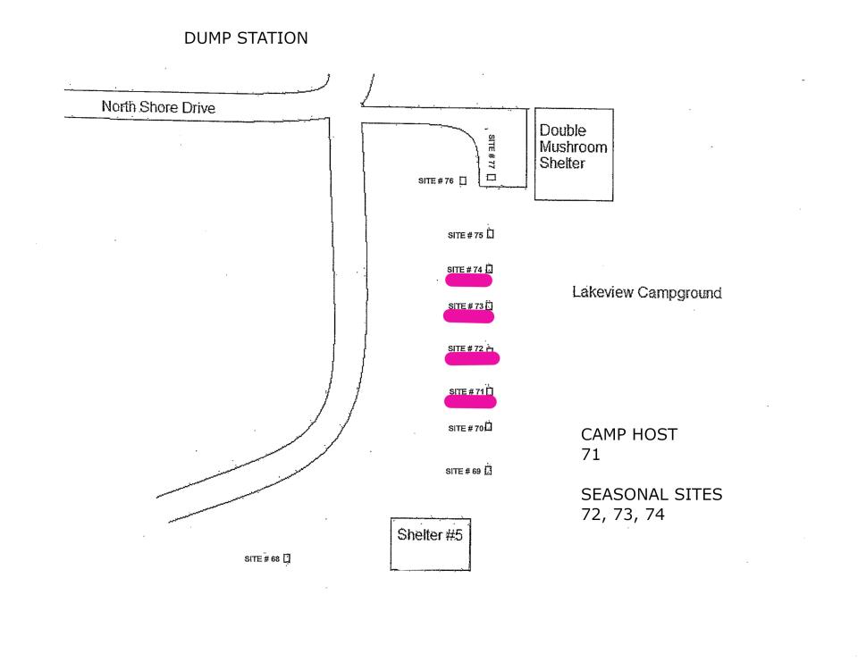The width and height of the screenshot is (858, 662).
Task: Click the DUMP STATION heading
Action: point(246,38)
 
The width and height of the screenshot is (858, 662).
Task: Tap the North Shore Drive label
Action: point(158,108)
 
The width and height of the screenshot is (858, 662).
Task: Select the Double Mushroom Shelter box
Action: point(574,154)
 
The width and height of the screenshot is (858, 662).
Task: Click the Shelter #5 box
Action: point(430,543)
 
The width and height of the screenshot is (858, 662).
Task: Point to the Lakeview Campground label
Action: point(646,293)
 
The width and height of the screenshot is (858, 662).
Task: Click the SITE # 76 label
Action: point(436,181)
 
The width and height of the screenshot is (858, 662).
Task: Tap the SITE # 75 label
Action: point(466,236)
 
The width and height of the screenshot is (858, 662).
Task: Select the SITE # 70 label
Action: point(466,429)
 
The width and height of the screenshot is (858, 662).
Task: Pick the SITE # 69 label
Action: point(463,471)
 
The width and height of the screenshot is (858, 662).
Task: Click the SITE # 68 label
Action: point(262,559)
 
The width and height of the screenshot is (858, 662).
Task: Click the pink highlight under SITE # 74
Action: point(469,281)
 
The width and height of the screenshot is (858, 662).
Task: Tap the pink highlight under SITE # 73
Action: point(469,316)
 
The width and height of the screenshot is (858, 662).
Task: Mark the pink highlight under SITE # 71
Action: point(470,402)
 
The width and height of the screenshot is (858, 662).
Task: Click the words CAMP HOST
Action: point(629,435)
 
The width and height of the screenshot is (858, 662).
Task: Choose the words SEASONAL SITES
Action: point(652,495)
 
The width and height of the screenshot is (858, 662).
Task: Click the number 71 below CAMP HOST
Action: point(590,455)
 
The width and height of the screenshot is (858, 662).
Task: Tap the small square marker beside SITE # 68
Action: point(287,559)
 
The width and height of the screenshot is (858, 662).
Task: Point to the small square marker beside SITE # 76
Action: point(463,181)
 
